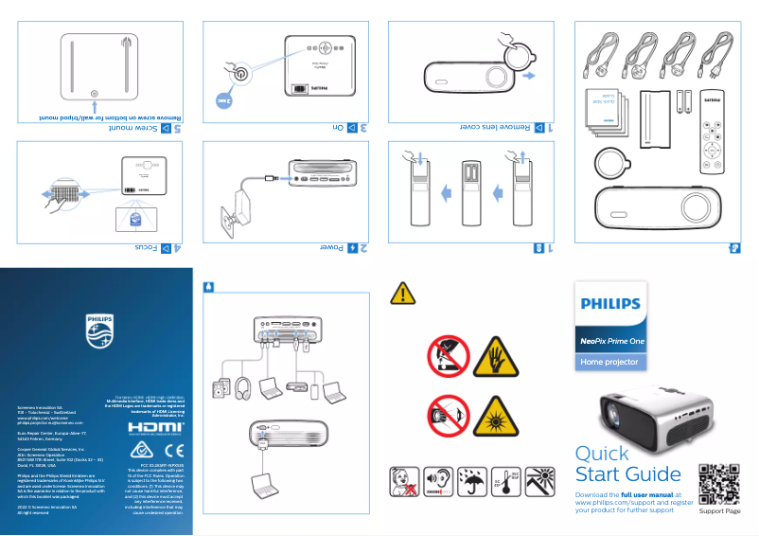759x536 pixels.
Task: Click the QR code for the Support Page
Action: pos(718,483)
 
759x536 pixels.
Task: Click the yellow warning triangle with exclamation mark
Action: pos(402,294)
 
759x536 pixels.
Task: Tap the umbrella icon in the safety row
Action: pos(471,482)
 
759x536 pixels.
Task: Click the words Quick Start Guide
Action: pos(627,464)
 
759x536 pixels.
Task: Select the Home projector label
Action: pos(610,362)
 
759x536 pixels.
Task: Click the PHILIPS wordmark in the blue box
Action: pos(610,306)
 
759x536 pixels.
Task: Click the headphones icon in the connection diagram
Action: pos(241,387)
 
